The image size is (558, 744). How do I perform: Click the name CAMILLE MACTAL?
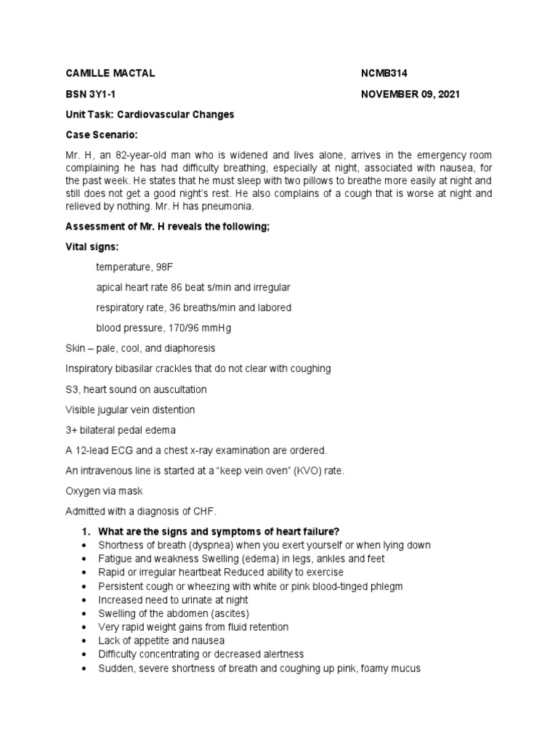pos(110,74)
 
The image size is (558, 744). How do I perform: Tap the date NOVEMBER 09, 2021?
pos(410,94)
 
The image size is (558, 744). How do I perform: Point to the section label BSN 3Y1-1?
pos(91,94)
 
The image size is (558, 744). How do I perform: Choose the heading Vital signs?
pos(93,247)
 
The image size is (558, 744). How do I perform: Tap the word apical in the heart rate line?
pos(110,288)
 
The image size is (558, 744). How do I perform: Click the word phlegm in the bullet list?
pos(386,586)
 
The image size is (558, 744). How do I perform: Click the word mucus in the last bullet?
pos(405,668)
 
